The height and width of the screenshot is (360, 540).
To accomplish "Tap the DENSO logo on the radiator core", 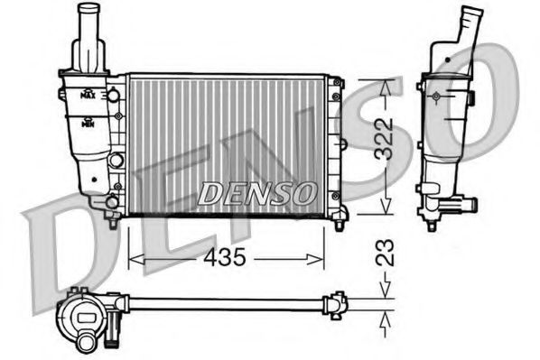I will coord(256,192).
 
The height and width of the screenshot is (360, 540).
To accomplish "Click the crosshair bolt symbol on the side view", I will coord(436,96).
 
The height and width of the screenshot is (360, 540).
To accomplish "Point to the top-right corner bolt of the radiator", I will coord(337,81).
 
